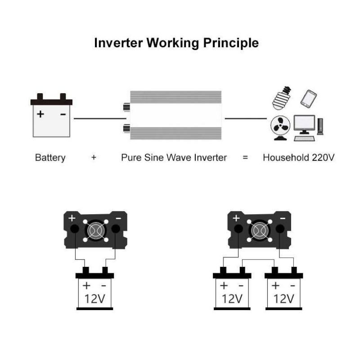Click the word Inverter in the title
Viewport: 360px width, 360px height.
[x=118, y=43]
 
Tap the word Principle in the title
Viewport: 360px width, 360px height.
[x=231, y=43]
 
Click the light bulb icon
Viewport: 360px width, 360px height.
[x=282, y=98]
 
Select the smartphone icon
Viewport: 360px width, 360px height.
[x=308, y=99]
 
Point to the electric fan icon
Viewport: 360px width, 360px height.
[x=280, y=128]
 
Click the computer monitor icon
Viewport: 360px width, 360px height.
[x=304, y=125]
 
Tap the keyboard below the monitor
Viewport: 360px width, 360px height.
[x=305, y=139]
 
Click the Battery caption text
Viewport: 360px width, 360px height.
[x=50, y=158]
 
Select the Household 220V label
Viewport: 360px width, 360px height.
[x=299, y=157]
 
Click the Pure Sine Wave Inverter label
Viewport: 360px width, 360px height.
[x=174, y=157]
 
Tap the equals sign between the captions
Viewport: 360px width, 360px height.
[x=245, y=157]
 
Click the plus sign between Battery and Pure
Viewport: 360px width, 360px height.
[x=94, y=157]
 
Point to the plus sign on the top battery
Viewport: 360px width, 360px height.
[x=40, y=114]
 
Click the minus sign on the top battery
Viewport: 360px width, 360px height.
[x=63, y=114]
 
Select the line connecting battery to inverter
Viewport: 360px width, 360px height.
[x=100, y=118]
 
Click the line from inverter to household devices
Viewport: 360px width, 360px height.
[x=246, y=118]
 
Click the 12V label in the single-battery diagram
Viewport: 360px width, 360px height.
[x=94, y=299]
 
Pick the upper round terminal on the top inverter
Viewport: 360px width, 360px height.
[x=126, y=107]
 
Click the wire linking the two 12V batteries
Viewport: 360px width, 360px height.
[x=258, y=260]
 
